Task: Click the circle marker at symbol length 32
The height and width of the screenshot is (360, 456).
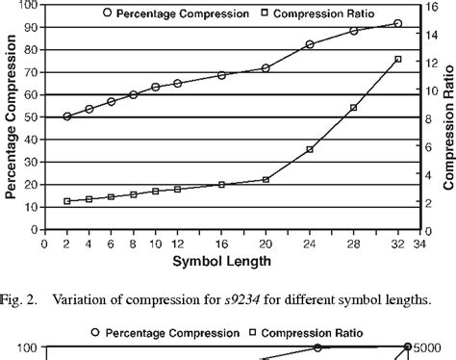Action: tap(398, 23)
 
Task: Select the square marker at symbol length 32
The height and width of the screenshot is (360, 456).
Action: tap(398, 60)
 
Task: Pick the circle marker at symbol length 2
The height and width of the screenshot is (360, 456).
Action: tap(66, 116)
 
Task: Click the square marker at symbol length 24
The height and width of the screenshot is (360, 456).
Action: tap(310, 149)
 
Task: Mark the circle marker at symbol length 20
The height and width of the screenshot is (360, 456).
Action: tap(266, 68)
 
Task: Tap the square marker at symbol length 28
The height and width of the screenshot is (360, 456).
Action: tap(354, 108)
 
